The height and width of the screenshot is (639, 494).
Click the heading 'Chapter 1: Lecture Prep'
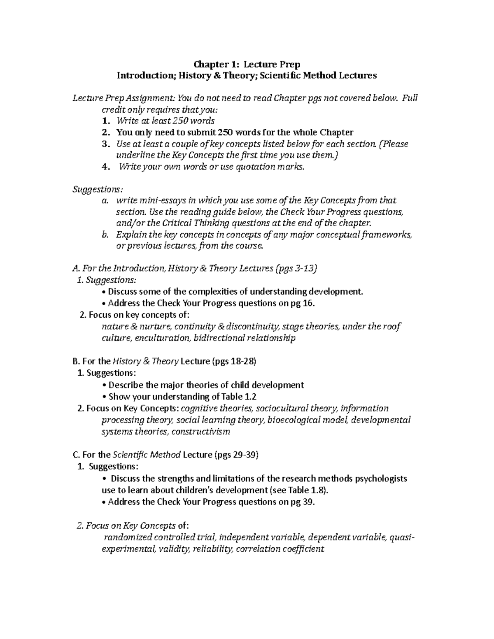(x=247, y=64)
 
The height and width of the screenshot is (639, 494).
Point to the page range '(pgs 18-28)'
(x=234, y=362)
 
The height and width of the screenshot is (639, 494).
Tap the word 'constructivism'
(x=200, y=432)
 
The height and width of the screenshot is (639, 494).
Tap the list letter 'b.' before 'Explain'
(x=105, y=235)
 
